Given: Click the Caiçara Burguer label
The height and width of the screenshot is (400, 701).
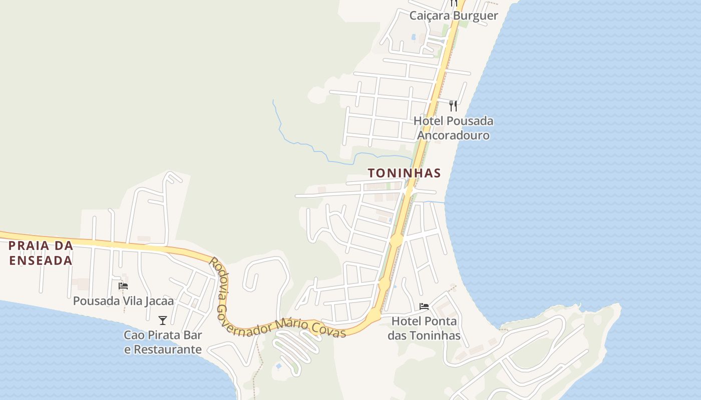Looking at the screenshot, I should (x=454, y=15).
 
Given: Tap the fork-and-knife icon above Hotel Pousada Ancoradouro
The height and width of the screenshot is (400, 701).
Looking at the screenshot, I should (x=453, y=105).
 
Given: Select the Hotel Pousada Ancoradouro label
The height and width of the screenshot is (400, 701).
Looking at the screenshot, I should (x=453, y=128).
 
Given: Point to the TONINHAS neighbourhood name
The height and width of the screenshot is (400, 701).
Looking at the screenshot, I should (x=404, y=173).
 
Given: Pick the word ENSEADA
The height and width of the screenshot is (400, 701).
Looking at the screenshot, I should (x=41, y=260).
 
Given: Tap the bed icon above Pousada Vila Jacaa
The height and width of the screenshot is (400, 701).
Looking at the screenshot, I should (x=123, y=286).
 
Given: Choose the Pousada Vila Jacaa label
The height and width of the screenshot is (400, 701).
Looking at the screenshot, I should (x=123, y=301).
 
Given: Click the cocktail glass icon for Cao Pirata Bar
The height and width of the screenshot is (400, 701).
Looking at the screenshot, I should (x=162, y=320).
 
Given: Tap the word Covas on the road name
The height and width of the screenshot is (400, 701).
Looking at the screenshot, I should (x=328, y=329).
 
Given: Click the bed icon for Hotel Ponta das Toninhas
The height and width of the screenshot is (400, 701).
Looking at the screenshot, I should (x=424, y=306).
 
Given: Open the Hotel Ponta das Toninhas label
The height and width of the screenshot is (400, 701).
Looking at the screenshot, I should (x=424, y=328).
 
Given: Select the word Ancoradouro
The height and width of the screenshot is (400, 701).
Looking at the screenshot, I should (x=453, y=135).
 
